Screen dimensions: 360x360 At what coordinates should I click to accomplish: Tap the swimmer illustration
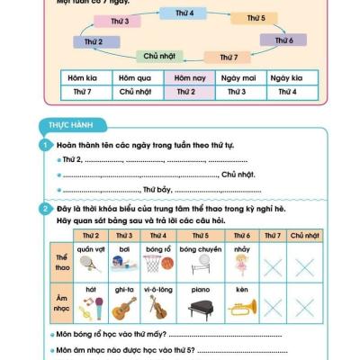123,263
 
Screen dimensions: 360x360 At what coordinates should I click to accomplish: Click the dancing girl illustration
242,263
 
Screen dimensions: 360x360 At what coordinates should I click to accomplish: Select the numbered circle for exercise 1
43,146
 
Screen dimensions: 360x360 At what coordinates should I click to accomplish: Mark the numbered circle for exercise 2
43,209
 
